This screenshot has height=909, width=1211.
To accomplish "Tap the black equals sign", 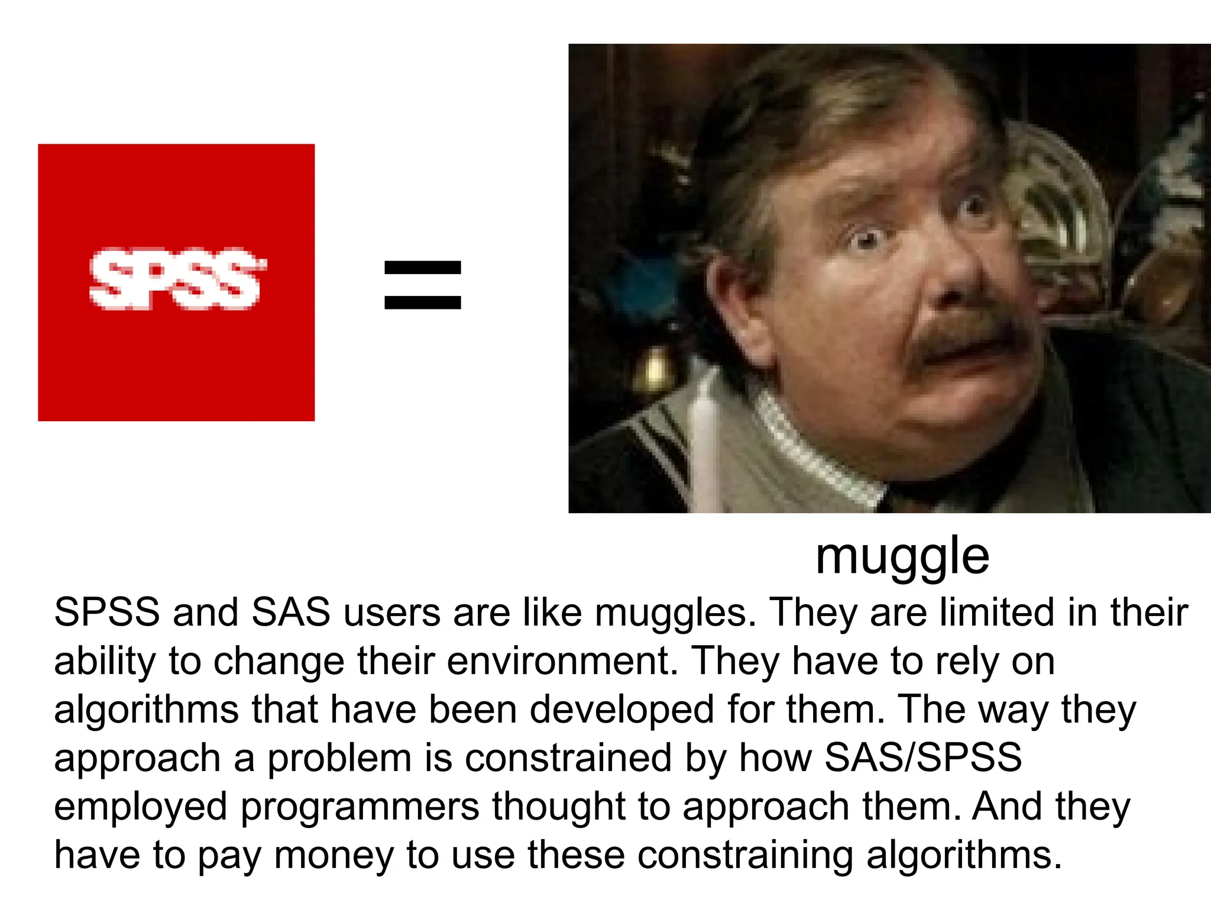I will click(422, 285).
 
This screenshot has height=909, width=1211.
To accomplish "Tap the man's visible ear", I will click(733, 308).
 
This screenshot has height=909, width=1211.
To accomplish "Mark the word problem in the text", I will click(339, 759).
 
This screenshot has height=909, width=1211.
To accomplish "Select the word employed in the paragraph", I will click(141, 807).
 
